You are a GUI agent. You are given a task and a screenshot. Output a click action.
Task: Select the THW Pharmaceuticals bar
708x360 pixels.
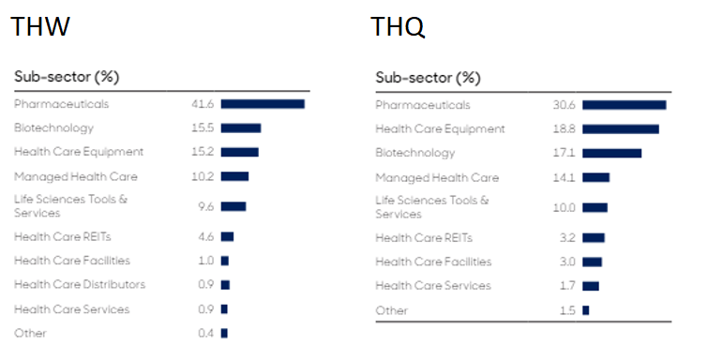click(x=263, y=104)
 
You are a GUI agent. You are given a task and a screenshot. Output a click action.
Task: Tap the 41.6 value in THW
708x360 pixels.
click(x=203, y=104)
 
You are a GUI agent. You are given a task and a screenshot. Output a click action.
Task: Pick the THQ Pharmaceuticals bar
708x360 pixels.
click(x=624, y=105)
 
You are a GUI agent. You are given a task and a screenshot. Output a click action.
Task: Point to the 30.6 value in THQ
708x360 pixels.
click(x=564, y=105)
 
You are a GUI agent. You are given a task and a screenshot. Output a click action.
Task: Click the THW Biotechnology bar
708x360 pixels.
click(x=241, y=127)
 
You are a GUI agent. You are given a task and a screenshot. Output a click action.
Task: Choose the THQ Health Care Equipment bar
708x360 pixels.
click(x=620, y=129)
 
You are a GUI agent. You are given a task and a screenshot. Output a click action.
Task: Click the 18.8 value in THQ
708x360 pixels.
click(x=564, y=129)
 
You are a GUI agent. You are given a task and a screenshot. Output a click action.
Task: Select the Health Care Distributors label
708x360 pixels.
click(x=80, y=284)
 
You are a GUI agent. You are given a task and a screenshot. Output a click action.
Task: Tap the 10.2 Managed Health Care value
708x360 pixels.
click(x=203, y=176)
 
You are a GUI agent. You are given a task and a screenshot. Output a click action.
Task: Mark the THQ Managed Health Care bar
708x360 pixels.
click(x=595, y=177)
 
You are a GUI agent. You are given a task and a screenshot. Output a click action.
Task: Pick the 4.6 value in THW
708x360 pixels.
click(x=205, y=236)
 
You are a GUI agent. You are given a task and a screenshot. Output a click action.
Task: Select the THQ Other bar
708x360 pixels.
click(x=585, y=310)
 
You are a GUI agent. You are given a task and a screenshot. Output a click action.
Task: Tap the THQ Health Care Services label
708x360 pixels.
click(x=432, y=286)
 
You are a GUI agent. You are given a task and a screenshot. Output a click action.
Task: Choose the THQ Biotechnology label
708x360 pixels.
click(x=414, y=153)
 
